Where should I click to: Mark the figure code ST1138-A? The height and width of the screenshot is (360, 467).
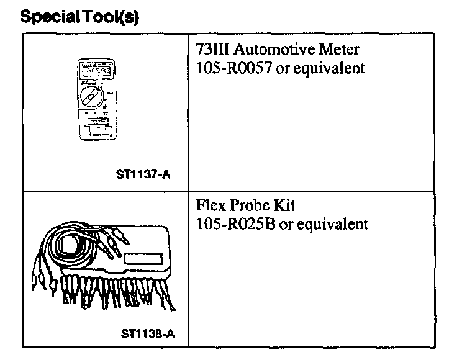pos(148,333)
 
